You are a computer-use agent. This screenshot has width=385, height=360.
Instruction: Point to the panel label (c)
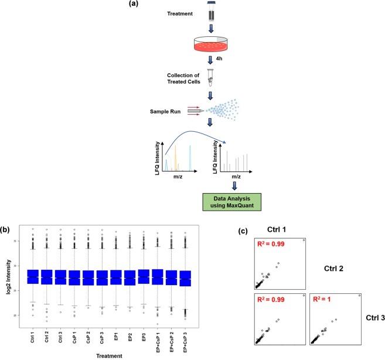[x=243, y=232]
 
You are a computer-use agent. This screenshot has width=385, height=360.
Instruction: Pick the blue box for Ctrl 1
[x=33, y=277]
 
